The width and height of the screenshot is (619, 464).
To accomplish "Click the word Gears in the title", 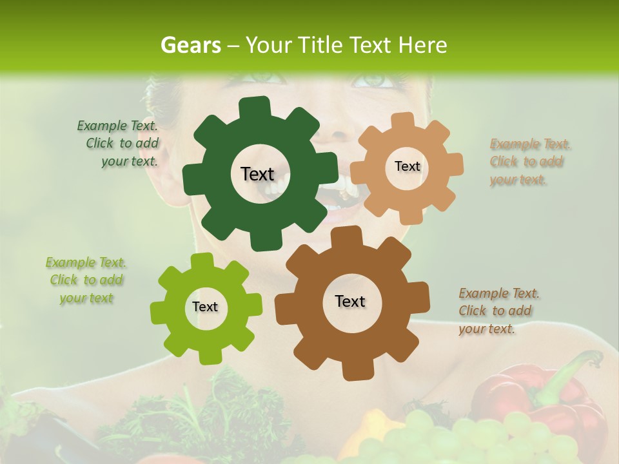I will point(190,45).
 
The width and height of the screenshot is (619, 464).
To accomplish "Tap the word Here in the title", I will point(422,45).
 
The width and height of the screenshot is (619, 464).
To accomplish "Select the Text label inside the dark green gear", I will point(257,174).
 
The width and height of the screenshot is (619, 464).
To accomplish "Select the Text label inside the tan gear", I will point(407,166).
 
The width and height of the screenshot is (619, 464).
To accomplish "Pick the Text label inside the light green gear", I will point(205,307).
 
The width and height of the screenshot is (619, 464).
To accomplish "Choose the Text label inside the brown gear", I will point(350,301).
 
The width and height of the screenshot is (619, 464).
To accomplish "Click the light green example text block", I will point(86,280).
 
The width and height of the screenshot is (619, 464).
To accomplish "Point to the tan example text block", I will point(529,162).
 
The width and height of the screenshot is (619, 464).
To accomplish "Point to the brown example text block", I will point(498,311).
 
